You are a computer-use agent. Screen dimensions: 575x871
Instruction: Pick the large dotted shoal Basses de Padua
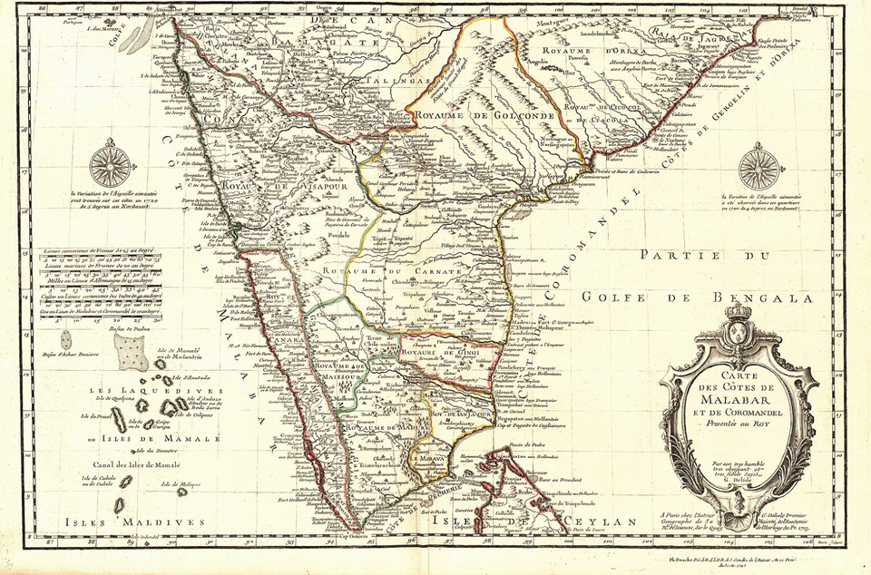[132, 353]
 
